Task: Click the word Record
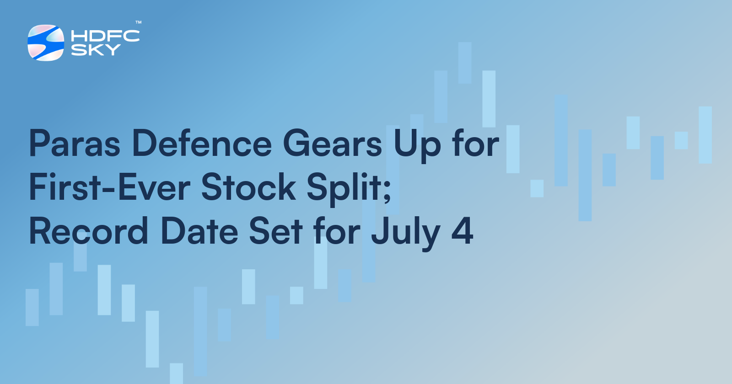click(x=89, y=231)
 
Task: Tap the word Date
click(x=199, y=231)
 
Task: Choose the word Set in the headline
click(x=276, y=231)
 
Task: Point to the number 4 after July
click(x=462, y=231)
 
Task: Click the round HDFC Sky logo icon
click(x=46, y=43)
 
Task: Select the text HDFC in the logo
click(x=105, y=36)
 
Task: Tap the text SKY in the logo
click(x=96, y=50)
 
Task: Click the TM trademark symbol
click(x=138, y=22)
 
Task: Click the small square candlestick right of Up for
click(x=537, y=188)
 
